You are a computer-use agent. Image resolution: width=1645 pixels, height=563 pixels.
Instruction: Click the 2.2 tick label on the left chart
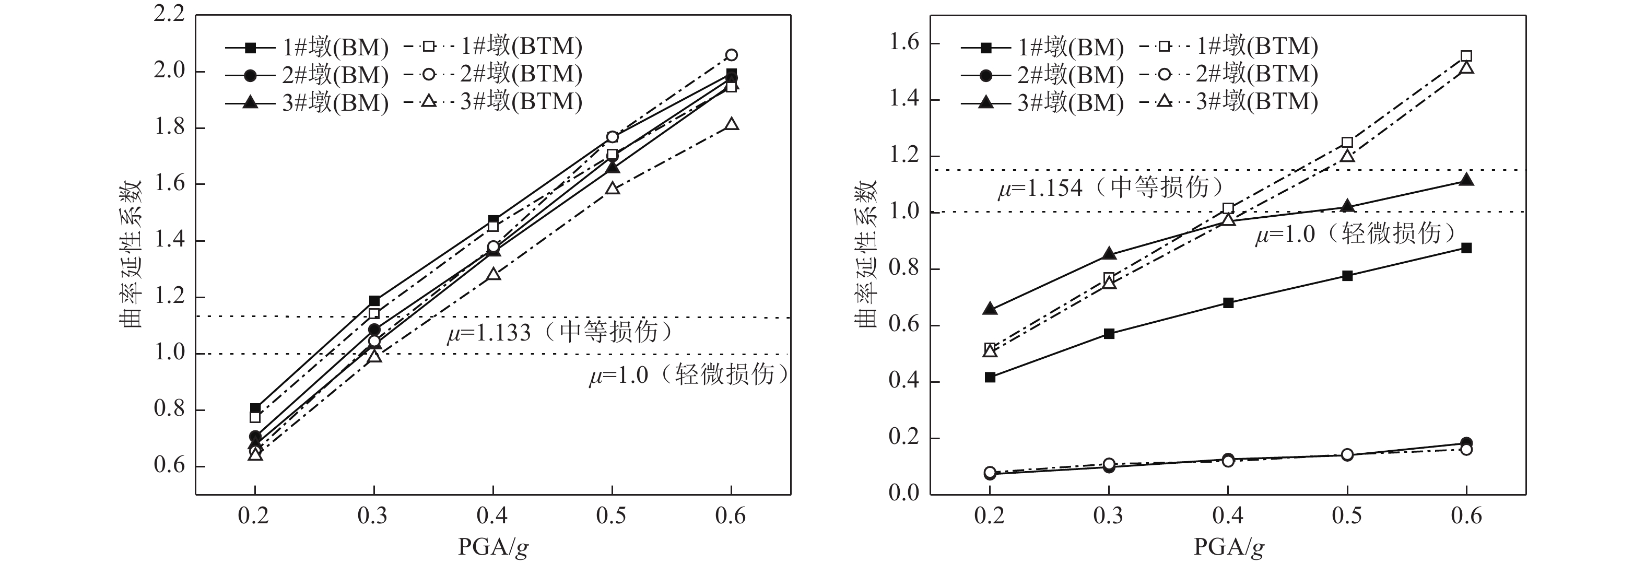(169, 15)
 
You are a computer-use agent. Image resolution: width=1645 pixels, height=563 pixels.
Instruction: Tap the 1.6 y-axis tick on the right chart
(905, 43)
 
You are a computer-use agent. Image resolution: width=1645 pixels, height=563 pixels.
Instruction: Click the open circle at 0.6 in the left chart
(731, 55)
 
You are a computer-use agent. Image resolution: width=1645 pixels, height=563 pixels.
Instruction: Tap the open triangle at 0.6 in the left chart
(732, 124)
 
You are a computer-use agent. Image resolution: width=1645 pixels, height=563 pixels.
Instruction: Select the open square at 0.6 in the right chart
(1466, 56)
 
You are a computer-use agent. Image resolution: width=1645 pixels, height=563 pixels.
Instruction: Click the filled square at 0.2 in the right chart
(990, 377)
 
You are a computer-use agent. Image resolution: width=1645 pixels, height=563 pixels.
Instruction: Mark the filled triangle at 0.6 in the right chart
(1466, 181)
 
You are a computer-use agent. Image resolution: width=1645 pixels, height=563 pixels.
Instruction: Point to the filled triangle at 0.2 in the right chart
(990, 309)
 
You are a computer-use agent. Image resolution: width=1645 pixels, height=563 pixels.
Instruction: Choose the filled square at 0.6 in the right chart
(1466, 248)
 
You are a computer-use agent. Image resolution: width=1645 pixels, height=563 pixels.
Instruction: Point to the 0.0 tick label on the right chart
(905, 493)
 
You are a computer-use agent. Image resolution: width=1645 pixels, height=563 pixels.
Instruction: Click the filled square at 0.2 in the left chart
(255, 408)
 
